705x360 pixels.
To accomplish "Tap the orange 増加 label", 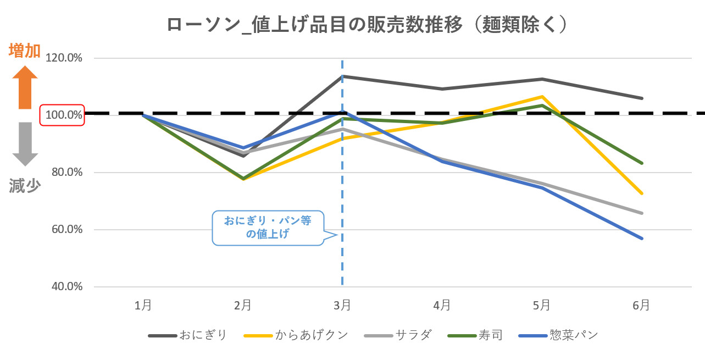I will pyautogui.click(x=25, y=51).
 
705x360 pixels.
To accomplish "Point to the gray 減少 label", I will pyautogui.click(x=25, y=186).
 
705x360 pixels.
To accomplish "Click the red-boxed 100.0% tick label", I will pyautogui.click(x=62, y=115).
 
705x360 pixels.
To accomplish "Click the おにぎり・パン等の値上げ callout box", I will pyautogui.click(x=268, y=227).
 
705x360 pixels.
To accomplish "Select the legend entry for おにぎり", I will pyautogui.click(x=188, y=335).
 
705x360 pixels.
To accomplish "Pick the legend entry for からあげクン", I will pyautogui.click(x=297, y=335).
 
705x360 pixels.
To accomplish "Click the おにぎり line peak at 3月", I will pyautogui.click(x=342, y=76).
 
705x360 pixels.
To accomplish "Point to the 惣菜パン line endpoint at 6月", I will pyautogui.click(x=641, y=239).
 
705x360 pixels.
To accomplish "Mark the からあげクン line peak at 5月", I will pyautogui.click(x=542, y=97).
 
